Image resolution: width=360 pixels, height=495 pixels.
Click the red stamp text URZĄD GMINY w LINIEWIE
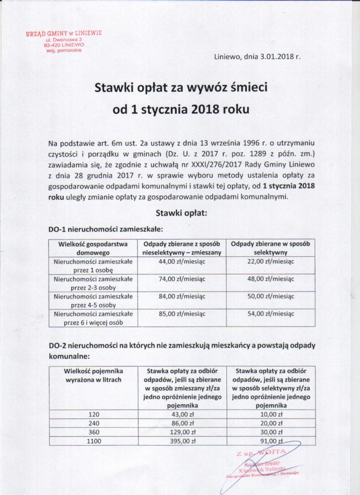(64, 34)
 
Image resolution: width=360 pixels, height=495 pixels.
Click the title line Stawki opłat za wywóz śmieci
(180, 88)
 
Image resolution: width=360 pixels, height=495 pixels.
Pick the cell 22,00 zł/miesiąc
(270, 262)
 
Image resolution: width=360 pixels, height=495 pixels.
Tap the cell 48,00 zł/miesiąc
(270, 279)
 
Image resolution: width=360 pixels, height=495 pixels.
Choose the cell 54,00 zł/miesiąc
(270, 314)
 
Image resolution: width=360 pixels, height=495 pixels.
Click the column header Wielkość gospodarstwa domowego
(93, 248)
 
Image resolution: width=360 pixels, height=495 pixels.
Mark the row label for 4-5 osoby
(93, 300)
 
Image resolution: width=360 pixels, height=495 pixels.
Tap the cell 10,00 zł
(270, 414)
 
